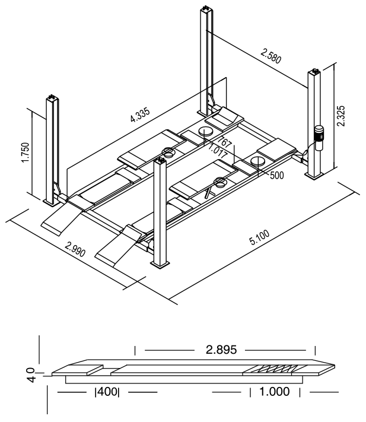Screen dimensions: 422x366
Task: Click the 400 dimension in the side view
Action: pos(107,392)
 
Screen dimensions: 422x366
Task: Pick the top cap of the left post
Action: pos(52,98)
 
